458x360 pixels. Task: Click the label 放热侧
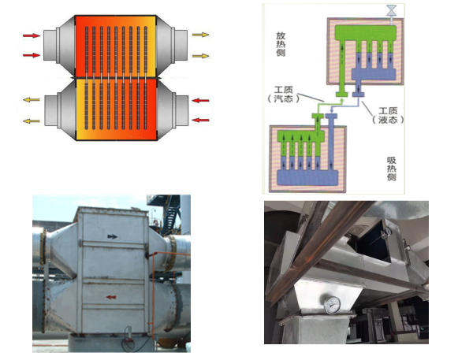281,44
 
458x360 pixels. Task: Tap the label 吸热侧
392,169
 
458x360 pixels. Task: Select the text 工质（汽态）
283,94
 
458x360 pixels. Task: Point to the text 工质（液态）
388,115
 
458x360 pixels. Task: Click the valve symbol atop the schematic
391,10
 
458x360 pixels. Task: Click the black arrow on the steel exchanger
112,236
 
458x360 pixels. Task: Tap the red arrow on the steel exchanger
111,297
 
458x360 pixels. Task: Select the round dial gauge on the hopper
333,305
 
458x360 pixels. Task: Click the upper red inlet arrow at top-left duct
32,35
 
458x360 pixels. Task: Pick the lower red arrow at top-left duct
32,55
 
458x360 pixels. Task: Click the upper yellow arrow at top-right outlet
200,35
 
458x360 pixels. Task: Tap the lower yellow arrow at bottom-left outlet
32,121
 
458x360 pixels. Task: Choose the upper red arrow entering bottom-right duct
200,101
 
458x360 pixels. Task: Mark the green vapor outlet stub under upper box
341,94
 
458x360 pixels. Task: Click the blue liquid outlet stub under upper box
358,94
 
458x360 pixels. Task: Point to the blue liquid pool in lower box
307,177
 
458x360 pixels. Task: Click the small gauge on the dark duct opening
387,232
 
